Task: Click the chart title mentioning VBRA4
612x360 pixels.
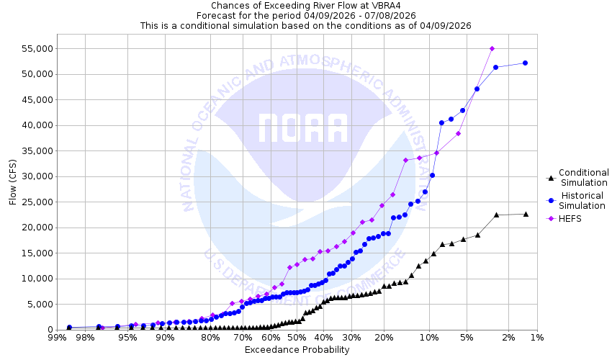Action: point(305,6)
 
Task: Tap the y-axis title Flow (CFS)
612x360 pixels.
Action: point(13,181)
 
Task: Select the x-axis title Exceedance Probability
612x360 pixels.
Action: point(297,350)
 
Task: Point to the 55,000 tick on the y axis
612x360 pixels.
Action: point(32,48)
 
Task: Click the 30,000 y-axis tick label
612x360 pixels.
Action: point(32,176)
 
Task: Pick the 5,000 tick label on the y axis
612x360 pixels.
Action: point(35,304)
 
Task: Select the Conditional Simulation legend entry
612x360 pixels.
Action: point(583,177)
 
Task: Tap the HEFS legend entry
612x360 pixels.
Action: point(572,219)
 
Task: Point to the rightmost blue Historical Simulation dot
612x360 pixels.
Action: point(525,63)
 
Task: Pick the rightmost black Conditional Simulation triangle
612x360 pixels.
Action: point(526,214)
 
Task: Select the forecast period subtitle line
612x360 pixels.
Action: point(305,15)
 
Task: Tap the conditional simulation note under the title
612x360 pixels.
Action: point(305,24)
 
